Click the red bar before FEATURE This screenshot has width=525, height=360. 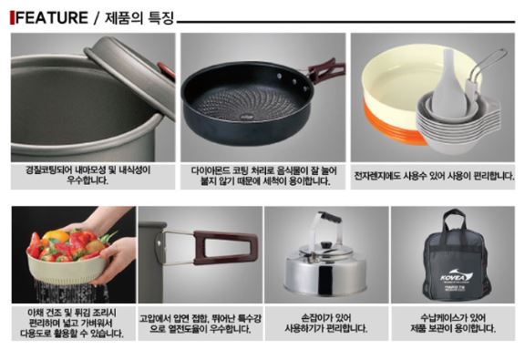coord(11,17)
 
